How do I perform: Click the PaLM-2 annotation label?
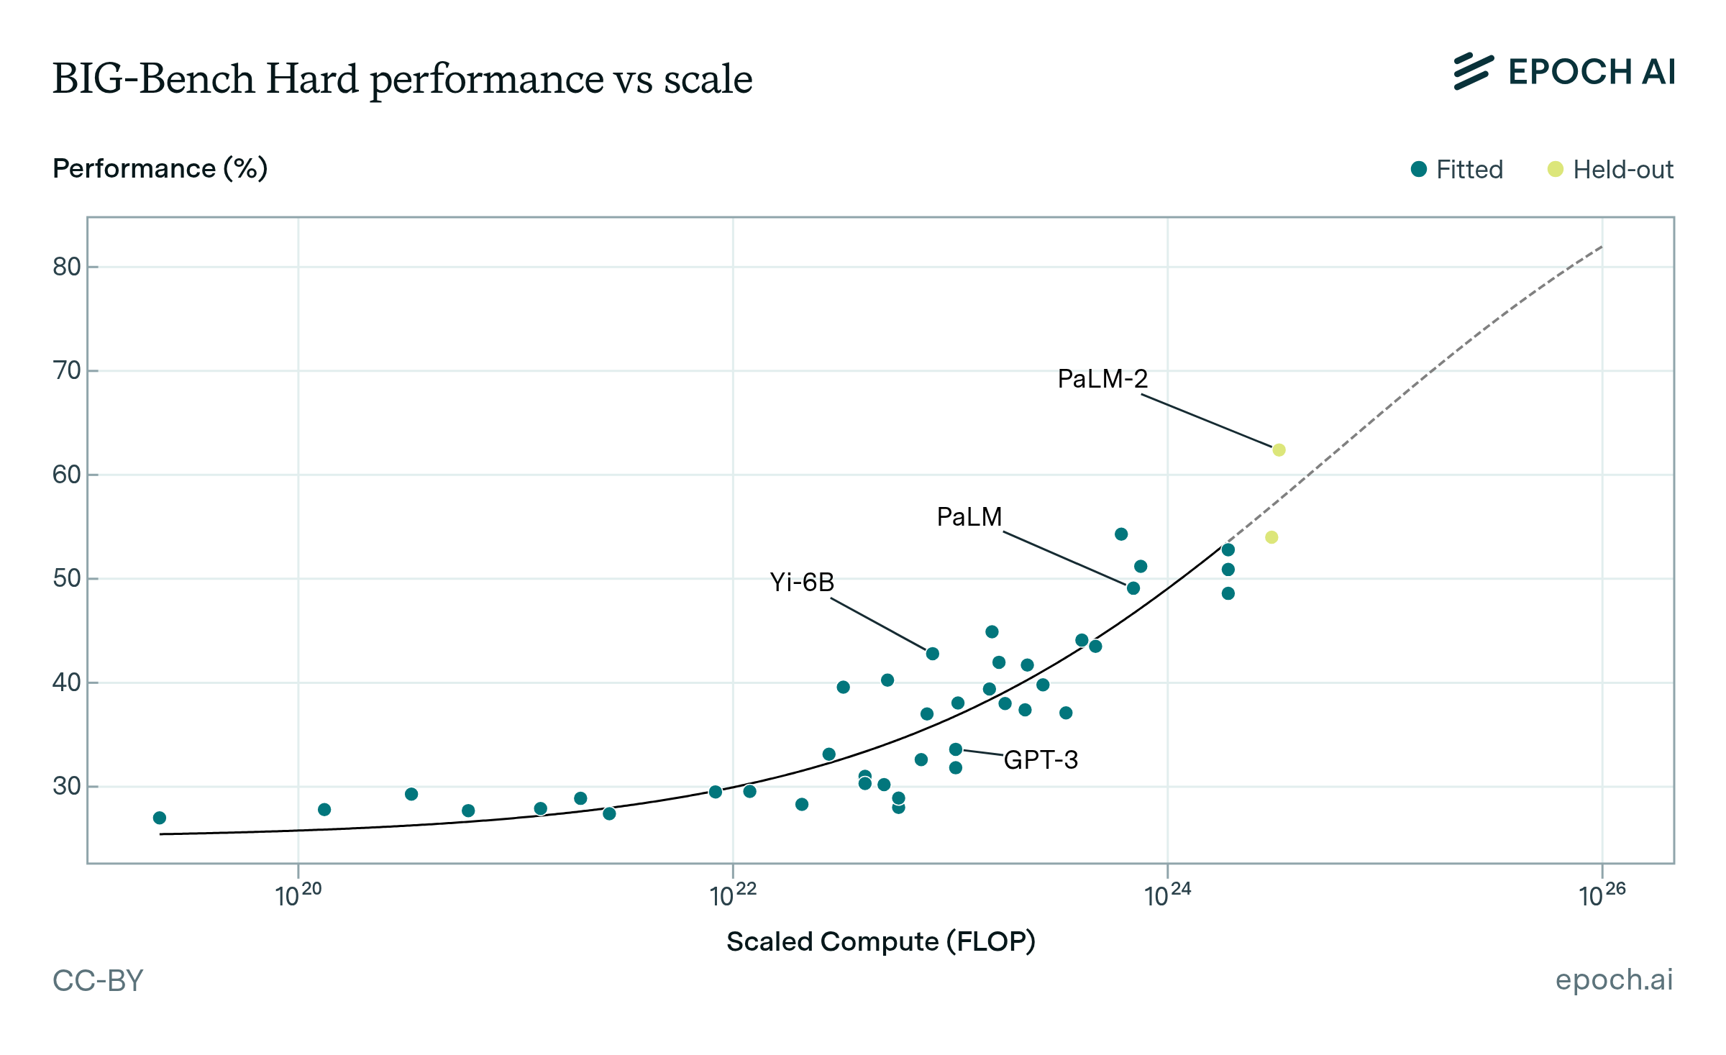1102,379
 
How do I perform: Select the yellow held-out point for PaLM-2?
1279,450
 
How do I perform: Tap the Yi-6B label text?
802,582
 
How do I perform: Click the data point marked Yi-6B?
933,654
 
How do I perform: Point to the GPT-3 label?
1041,760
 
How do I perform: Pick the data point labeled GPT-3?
956,749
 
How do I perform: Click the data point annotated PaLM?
1133,588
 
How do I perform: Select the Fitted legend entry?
1457,170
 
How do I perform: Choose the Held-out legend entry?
1611,170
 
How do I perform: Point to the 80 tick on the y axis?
67,267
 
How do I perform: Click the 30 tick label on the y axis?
67,786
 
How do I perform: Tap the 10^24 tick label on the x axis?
1167,895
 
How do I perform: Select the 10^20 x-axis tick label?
298,895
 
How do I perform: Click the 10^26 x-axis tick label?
1602,895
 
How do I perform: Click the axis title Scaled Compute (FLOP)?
881,941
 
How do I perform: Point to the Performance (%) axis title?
160,168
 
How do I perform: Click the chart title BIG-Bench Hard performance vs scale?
403,79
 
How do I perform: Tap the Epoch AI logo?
1564,72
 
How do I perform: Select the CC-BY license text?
99,981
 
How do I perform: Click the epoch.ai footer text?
1614,979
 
